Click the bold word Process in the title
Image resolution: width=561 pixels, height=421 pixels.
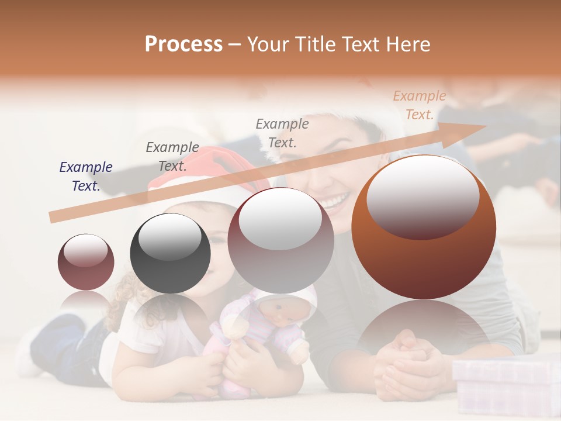pos(183,44)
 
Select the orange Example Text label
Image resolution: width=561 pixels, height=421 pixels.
pos(419,105)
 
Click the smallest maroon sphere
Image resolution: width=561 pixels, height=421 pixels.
pos(86,262)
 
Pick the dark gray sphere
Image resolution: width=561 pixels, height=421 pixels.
pos(170,253)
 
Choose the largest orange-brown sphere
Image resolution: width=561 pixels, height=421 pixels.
pos(424,227)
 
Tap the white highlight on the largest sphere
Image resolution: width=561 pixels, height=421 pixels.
pos(423,196)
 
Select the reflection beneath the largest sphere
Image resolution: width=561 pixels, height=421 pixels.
pos(424,327)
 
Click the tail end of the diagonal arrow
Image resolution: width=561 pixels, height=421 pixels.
pos(54,218)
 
